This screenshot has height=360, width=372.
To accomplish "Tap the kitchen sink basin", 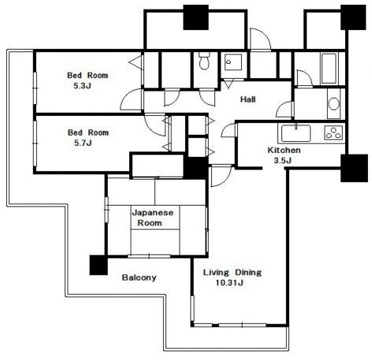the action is tap(296, 133).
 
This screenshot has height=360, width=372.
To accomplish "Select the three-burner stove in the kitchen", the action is tap(333, 132).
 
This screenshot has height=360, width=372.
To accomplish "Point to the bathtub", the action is tap(329, 69).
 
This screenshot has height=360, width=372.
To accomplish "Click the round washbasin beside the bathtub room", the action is tap(333, 104).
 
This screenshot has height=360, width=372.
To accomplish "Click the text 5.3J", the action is tap(83, 86).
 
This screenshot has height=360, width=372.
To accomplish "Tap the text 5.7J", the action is tap(83, 143).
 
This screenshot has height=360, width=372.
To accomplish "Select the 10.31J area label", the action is tap(229, 283).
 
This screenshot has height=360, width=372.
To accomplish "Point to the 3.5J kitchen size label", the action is tap(283, 161).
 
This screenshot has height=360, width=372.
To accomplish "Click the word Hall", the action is tap(248, 99).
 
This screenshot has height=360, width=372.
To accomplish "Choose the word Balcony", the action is tap(139, 277).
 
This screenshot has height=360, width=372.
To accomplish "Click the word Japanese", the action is tap(153, 213).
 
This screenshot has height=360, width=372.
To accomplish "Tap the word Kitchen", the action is tap(284, 150).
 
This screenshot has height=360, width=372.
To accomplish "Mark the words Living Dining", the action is tap(232, 273).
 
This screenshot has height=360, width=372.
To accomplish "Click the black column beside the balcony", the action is tap(99, 265).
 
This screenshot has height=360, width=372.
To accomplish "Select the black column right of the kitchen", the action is tap(354, 168).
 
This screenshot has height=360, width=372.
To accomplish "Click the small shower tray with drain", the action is tap(233, 62).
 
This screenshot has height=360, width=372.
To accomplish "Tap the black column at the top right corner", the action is tap(353, 17).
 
